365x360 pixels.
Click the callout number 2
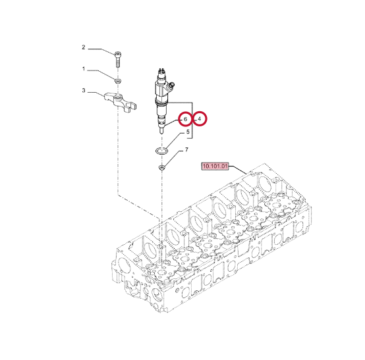pyautogui.click(x=84, y=47)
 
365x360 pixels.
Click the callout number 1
pyautogui.click(x=84, y=69)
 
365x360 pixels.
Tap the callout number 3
pyautogui.click(x=84, y=90)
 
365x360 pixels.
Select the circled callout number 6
pyautogui.click(x=185, y=119)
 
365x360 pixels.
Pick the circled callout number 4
pyautogui.click(x=200, y=119)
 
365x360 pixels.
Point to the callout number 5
pyautogui.click(x=188, y=132)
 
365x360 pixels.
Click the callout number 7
pyautogui.click(x=186, y=150)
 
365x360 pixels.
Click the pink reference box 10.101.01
pyautogui.click(x=215, y=167)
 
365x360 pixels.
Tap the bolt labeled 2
pyautogui.click(x=118, y=59)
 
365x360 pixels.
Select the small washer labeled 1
pyautogui.click(x=118, y=81)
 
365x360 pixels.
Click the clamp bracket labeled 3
pyautogui.click(x=121, y=102)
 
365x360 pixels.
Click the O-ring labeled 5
pyautogui.click(x=161, y=151)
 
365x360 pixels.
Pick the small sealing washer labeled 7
pyautogui.click(x=161, y=167)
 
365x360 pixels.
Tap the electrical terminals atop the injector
pyautogui.click(x=161, y=70)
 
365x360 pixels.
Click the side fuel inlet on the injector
pyautogui.click(x=172, y=85)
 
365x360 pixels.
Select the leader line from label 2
pyautogui.click(x=101, y=51)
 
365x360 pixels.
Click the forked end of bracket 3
pyautogui.click(x=132, y=107)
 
